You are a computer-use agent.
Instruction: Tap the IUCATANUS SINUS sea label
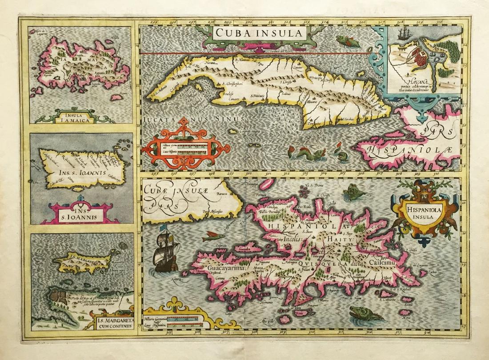[x=193, y=119]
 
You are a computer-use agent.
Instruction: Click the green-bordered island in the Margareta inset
[x=82, y=264]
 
